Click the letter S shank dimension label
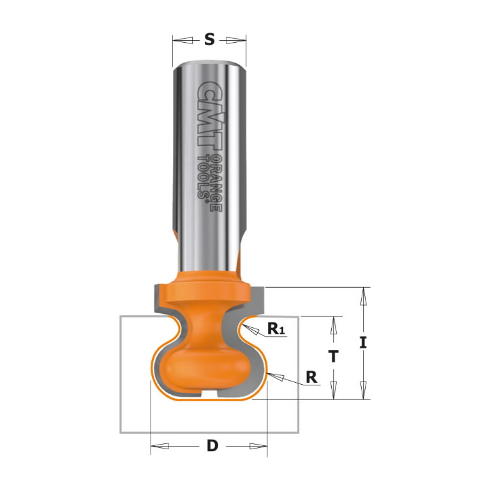tap(209, 40)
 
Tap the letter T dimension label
tap(332, 357)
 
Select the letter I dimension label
tap(363, 343)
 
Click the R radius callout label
tap(311, 376)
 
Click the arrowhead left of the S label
tap(182, 40)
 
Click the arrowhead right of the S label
tap(237, 40)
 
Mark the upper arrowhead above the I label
tap(363, 295)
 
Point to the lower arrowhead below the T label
tap(332, 391)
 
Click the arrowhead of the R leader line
tap(274, 376)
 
